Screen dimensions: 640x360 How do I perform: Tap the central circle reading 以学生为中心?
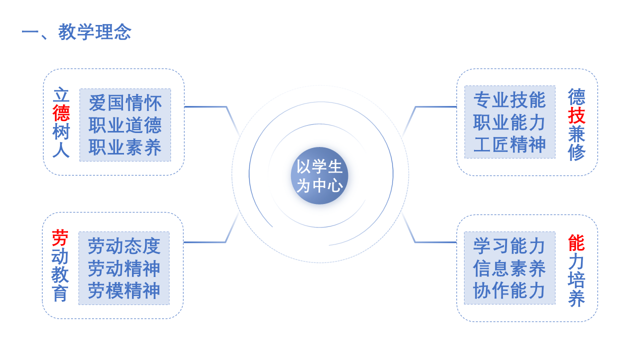pyautogui.click(x=319, y=175)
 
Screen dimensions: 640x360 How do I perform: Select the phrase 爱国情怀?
pyautogui.click(x=125, y=103)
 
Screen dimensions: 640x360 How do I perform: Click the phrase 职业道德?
pyautogui.click(x=125, y=125)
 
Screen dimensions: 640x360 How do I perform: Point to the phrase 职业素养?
pyautogui.click(x=125, y=147)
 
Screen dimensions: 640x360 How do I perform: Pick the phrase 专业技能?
pyautogui.click(x=509, y=100)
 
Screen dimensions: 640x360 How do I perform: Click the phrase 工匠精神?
pyautogui.click(x=509, y=144)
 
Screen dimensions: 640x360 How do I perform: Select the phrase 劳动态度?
pyautogui.click(x=124, y=246)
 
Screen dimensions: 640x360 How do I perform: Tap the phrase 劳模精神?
pyautogui.click(x=124, y=290)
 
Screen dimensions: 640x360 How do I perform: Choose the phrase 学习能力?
pyautogui.click(x=509, y=246)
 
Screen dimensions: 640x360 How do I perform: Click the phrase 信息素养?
pyautogui.click(x=509, y=268)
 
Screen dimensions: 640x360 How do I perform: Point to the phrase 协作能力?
pyautogui.click(x=509, y=290)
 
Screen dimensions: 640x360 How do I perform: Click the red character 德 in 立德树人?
pyautogui.click(x=61, y=113)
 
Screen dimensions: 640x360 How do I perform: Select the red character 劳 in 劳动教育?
pyautogui.click(x=60, y=238)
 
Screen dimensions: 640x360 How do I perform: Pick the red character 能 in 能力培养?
pyautogui.click(x=576, y=243)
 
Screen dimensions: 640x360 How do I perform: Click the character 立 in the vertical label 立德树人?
pyautogui.click(x=61, y=95)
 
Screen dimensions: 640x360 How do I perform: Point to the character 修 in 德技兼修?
pyautogui.click(x=576, y=153)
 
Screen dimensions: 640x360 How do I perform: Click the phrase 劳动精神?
pyautogui.click(x=124, y=268)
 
